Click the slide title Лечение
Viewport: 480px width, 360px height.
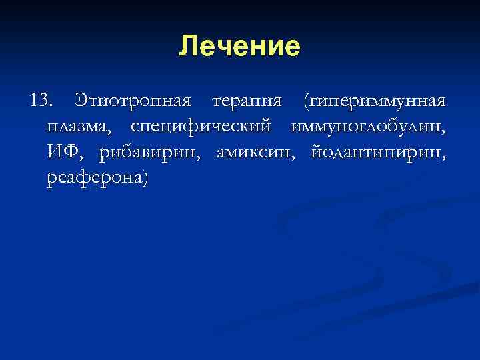(x=240, y=47)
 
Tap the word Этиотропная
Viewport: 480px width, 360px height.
(x=134, y=101)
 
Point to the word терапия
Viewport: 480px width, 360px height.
(x=246, y=101)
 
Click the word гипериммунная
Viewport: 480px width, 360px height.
(x=374, y=101)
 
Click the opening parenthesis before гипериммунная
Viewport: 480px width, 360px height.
(x=305, y=101)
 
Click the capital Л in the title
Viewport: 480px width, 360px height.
(x=188, y=47)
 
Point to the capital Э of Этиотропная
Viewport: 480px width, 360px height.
(x=82, y=101)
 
